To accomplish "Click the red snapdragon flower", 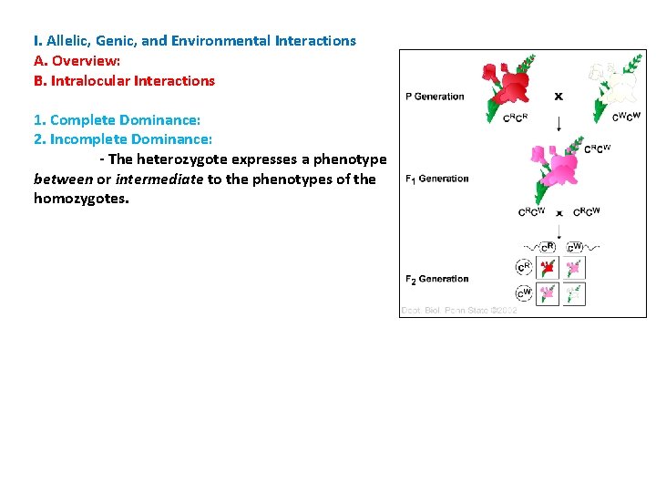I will [x=507, y=83].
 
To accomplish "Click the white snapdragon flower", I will [x=612, y=85].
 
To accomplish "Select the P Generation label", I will [x=435, y=97].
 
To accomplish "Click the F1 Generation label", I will [x=436, y=179].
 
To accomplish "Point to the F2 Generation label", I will [x=436, y=279].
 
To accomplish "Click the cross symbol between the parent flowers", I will [x=559, y=96].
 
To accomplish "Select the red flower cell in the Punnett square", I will [x=548, y=268].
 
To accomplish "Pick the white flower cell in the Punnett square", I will [x=574, y=294].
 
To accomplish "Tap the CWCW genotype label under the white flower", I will [x=626, y=116].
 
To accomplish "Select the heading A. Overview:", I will [x=77, y=60].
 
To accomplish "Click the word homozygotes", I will [x=81, y=199].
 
